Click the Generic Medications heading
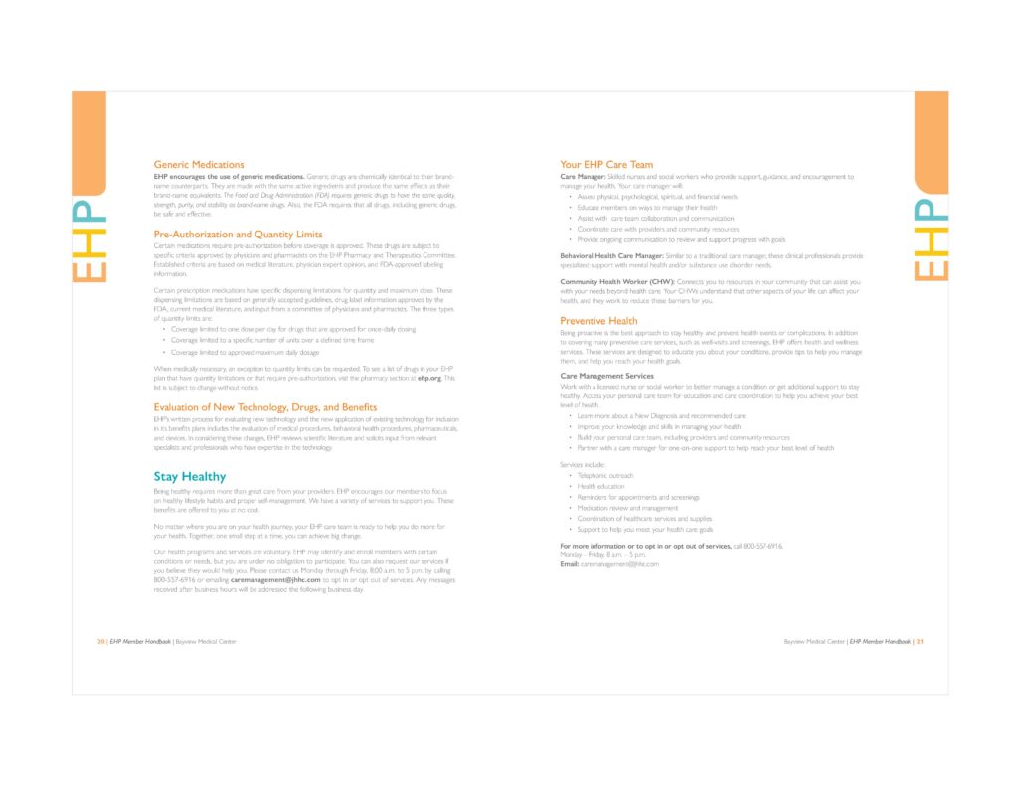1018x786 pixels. click(199, 164)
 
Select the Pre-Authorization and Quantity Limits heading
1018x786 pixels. click(238, 235)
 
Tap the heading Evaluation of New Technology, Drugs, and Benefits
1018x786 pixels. click(265, 407)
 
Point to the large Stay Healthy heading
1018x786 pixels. click(189, 477)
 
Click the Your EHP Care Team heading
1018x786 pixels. click(606, 164)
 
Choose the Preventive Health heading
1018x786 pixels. click(598, 321)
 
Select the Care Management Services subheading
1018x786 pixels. click(606, 376)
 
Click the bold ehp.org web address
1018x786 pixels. click(428, 378)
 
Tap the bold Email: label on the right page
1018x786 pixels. click(570, 563)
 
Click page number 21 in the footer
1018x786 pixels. click(920, 642)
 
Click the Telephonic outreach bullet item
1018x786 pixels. click(605, 476)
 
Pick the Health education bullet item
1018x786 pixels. click(601, 487)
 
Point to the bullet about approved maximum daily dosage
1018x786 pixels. click(245, 352)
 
